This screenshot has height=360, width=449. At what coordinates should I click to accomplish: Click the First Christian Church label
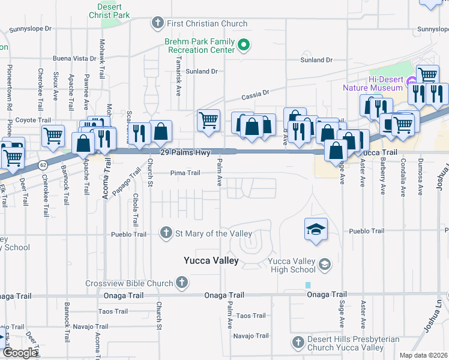pyautogui.click(x=207, y=23)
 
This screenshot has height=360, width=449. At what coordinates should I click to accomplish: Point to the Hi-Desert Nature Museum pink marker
pyautogui.click(x=411, y=80)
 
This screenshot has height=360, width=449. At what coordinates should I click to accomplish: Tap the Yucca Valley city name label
pyautogui.click(x=211, y=261)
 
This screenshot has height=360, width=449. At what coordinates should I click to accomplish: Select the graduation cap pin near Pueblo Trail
pyautogui.click(x=316, y=230)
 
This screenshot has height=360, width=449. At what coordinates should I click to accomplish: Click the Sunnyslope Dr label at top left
pyautogui.click(x=30, y=28)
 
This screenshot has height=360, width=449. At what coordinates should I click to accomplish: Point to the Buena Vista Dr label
pyautogui.click(x=74, y=59)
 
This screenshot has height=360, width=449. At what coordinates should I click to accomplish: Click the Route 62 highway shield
pyautogui.click(x=43, y=164)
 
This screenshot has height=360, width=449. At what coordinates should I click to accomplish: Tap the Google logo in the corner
pyautogui.click(x=20, y=353)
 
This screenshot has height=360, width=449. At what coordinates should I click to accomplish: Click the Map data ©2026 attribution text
pyautogui.click(x=423, y=355)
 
